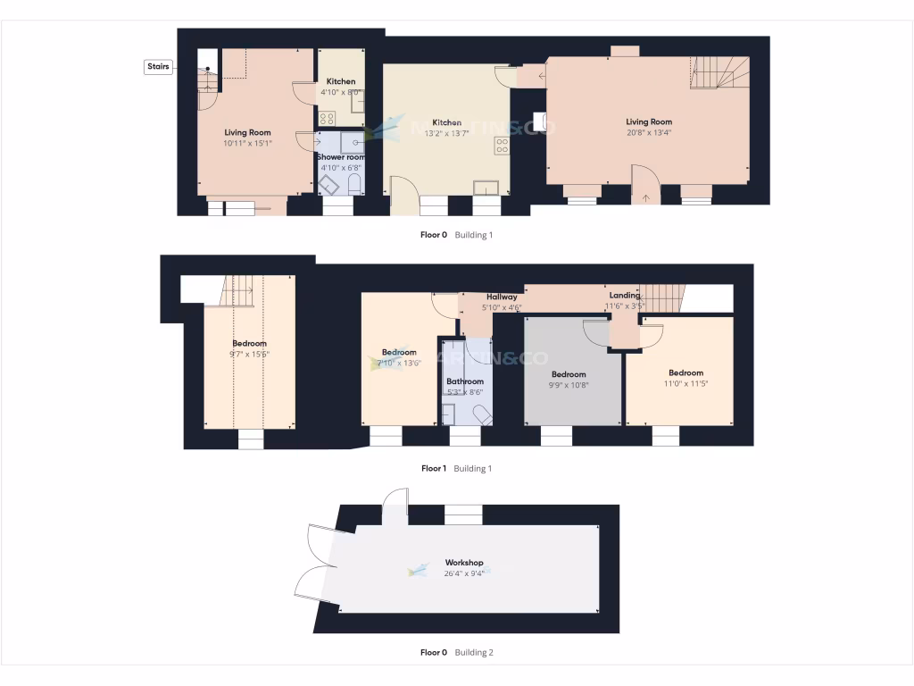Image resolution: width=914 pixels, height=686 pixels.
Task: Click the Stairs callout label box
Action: point(159,67)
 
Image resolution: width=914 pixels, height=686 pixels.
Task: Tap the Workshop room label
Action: point(463,563)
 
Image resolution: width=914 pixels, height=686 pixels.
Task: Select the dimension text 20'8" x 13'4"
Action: point(648,133)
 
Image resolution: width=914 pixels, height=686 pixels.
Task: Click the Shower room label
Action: point(341,157)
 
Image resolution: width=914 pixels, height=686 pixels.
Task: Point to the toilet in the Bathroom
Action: point(481,414)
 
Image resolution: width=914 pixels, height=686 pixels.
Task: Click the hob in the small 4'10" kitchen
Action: point(328,118)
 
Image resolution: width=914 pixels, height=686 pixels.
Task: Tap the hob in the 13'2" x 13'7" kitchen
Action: point(502,145)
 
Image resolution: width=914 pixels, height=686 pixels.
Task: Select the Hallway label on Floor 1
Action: point(502,297)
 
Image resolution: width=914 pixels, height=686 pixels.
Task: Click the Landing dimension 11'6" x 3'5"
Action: point(624,305)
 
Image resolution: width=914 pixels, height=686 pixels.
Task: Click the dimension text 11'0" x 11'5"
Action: point(685,384)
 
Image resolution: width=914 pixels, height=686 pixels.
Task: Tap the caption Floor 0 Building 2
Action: point(456,653)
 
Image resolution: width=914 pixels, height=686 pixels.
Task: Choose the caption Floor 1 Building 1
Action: point(456,468)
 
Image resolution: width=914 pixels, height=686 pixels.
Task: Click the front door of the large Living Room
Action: point(644,184)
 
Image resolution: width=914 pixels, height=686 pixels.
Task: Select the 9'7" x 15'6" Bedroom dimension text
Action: point(249,355)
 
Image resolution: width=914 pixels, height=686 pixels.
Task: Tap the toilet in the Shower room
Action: point(353,184)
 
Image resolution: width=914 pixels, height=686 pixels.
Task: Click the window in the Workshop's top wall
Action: point(462,514)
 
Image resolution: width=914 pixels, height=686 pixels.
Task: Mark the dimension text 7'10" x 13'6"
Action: point(399,363)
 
